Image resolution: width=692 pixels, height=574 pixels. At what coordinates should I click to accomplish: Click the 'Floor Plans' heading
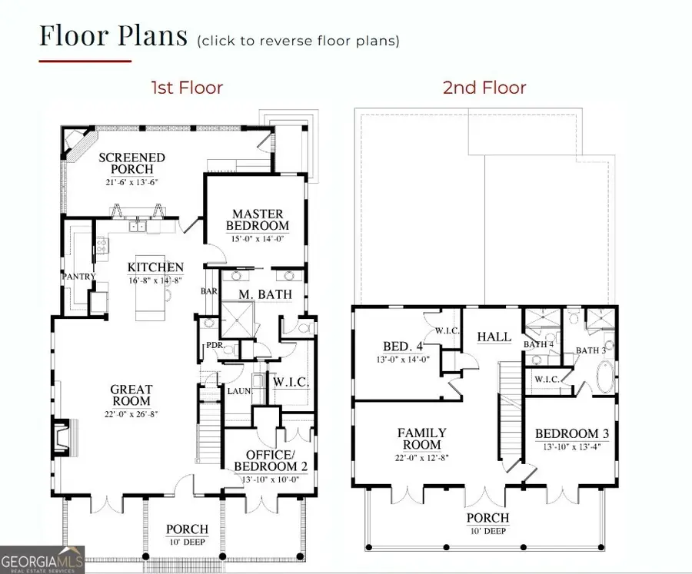(113, 36)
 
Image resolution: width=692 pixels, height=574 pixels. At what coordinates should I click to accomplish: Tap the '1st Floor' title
(187, 88)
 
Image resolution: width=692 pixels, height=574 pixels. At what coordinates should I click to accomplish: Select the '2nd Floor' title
(484, 88)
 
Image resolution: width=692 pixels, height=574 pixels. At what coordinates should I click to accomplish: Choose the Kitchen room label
(155, 268)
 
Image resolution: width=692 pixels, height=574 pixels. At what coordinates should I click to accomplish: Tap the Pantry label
(78, 276)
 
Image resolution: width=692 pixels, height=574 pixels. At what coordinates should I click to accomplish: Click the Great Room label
(131, 395)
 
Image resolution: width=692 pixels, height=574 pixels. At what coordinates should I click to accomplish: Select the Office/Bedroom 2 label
(265, 460)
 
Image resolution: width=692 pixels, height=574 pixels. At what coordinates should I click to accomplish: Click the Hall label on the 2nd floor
(493, 337)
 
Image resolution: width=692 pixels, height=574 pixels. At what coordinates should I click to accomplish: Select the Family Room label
(422, 439)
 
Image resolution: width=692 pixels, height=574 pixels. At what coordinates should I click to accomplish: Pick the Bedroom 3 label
(572, 434)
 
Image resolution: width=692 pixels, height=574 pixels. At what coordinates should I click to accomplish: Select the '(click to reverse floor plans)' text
(298, 41)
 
